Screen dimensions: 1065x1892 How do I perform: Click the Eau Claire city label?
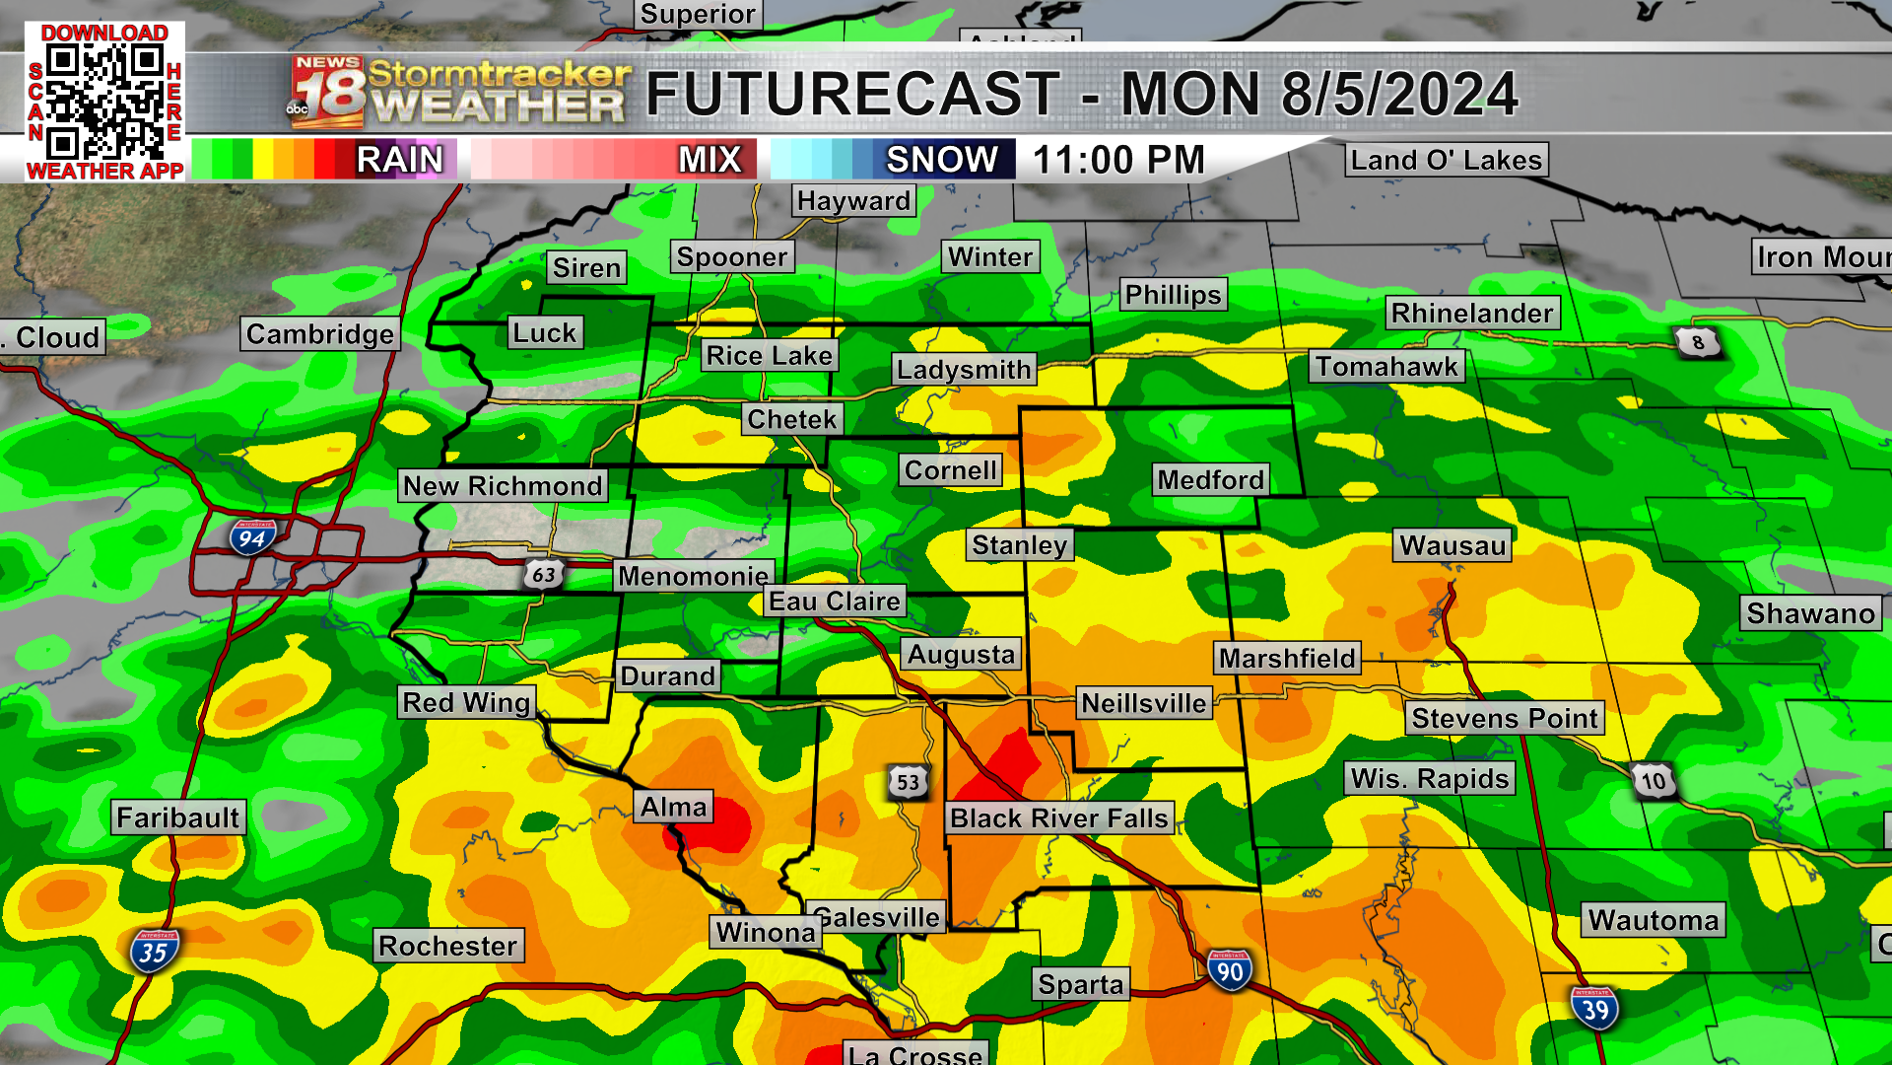835,602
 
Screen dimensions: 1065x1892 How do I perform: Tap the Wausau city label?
1453,545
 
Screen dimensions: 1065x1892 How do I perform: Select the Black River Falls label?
1059,818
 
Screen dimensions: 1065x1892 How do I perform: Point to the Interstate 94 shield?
252,537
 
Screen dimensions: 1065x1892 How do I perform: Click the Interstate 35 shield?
154,952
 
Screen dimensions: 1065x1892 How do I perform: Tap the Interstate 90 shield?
1229,971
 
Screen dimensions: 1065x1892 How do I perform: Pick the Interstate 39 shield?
1594,1009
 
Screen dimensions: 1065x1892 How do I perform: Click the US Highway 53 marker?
908,783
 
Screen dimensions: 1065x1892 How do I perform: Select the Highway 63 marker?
543,574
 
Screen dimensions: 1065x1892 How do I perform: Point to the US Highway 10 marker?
1653,782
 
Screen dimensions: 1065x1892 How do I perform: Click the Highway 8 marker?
1697,342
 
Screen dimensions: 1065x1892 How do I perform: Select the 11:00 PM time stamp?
1118,160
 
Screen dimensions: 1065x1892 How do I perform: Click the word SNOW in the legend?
941,160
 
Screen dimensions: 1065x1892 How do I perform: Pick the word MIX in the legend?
709,160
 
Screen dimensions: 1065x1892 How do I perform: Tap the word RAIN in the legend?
400,160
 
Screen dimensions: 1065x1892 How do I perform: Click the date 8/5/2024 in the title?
1399,95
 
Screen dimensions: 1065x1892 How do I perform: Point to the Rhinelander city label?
1472,314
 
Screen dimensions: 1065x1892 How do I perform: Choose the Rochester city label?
448,947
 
